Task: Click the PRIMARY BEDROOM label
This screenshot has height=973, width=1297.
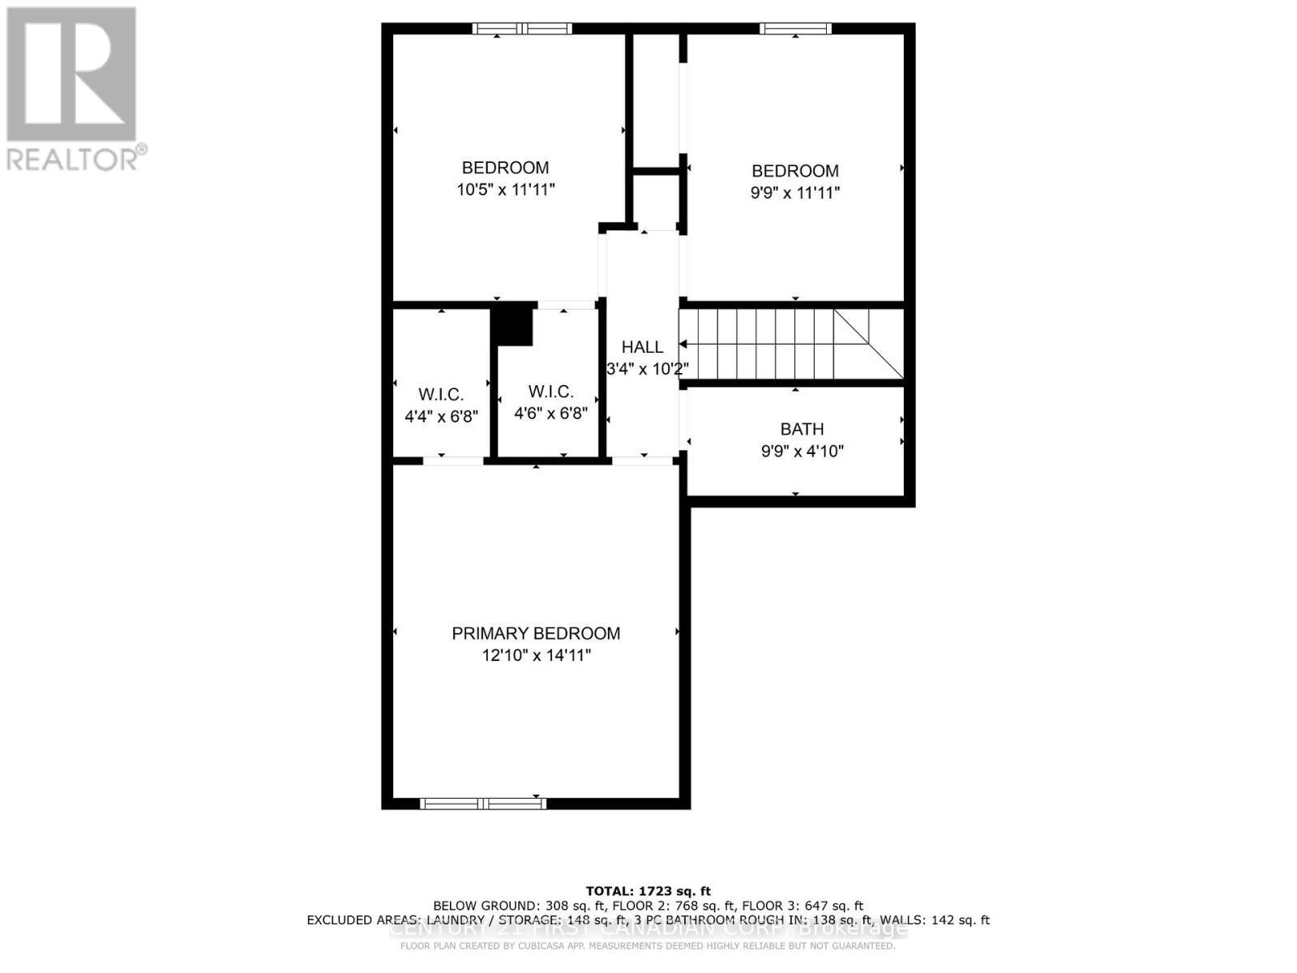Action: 536,633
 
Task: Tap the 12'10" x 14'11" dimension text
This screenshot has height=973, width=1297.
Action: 536,655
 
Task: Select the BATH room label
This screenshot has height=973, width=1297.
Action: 802,429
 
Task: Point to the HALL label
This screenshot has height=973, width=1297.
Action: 642,347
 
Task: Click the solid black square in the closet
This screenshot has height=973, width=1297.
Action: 514,324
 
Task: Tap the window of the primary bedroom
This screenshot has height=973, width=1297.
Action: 483,804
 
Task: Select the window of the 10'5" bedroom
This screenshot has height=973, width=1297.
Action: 523,29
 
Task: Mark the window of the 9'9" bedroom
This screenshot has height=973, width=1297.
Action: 795,29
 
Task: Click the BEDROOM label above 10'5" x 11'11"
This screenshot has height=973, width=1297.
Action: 505,168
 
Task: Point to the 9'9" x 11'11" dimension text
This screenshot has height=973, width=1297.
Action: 795,193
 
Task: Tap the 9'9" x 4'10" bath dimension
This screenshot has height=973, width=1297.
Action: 802,451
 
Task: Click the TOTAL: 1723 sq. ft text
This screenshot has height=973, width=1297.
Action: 648,891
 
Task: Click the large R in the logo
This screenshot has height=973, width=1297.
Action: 71,75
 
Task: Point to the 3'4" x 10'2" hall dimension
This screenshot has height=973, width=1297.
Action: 648,369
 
